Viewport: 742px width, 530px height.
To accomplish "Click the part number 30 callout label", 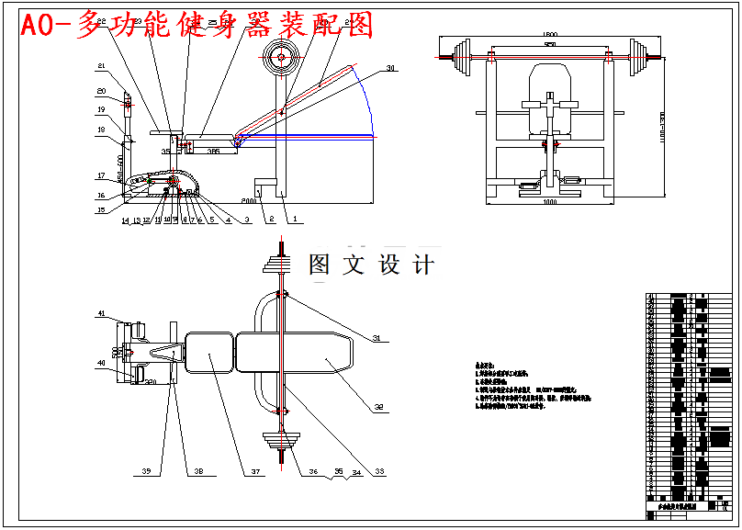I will click(390, 68).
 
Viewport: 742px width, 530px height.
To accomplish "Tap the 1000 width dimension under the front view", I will click(548, 202).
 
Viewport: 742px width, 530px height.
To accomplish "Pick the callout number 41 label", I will click(102, 313).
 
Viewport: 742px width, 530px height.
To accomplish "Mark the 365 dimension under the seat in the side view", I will click(212, 150).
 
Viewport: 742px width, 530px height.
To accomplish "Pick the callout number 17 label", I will click(102, 175).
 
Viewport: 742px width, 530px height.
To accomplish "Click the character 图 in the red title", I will click(357, 26).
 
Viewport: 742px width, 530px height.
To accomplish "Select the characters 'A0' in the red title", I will click(38, 26).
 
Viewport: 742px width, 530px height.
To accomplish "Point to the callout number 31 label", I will click(375, 339).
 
